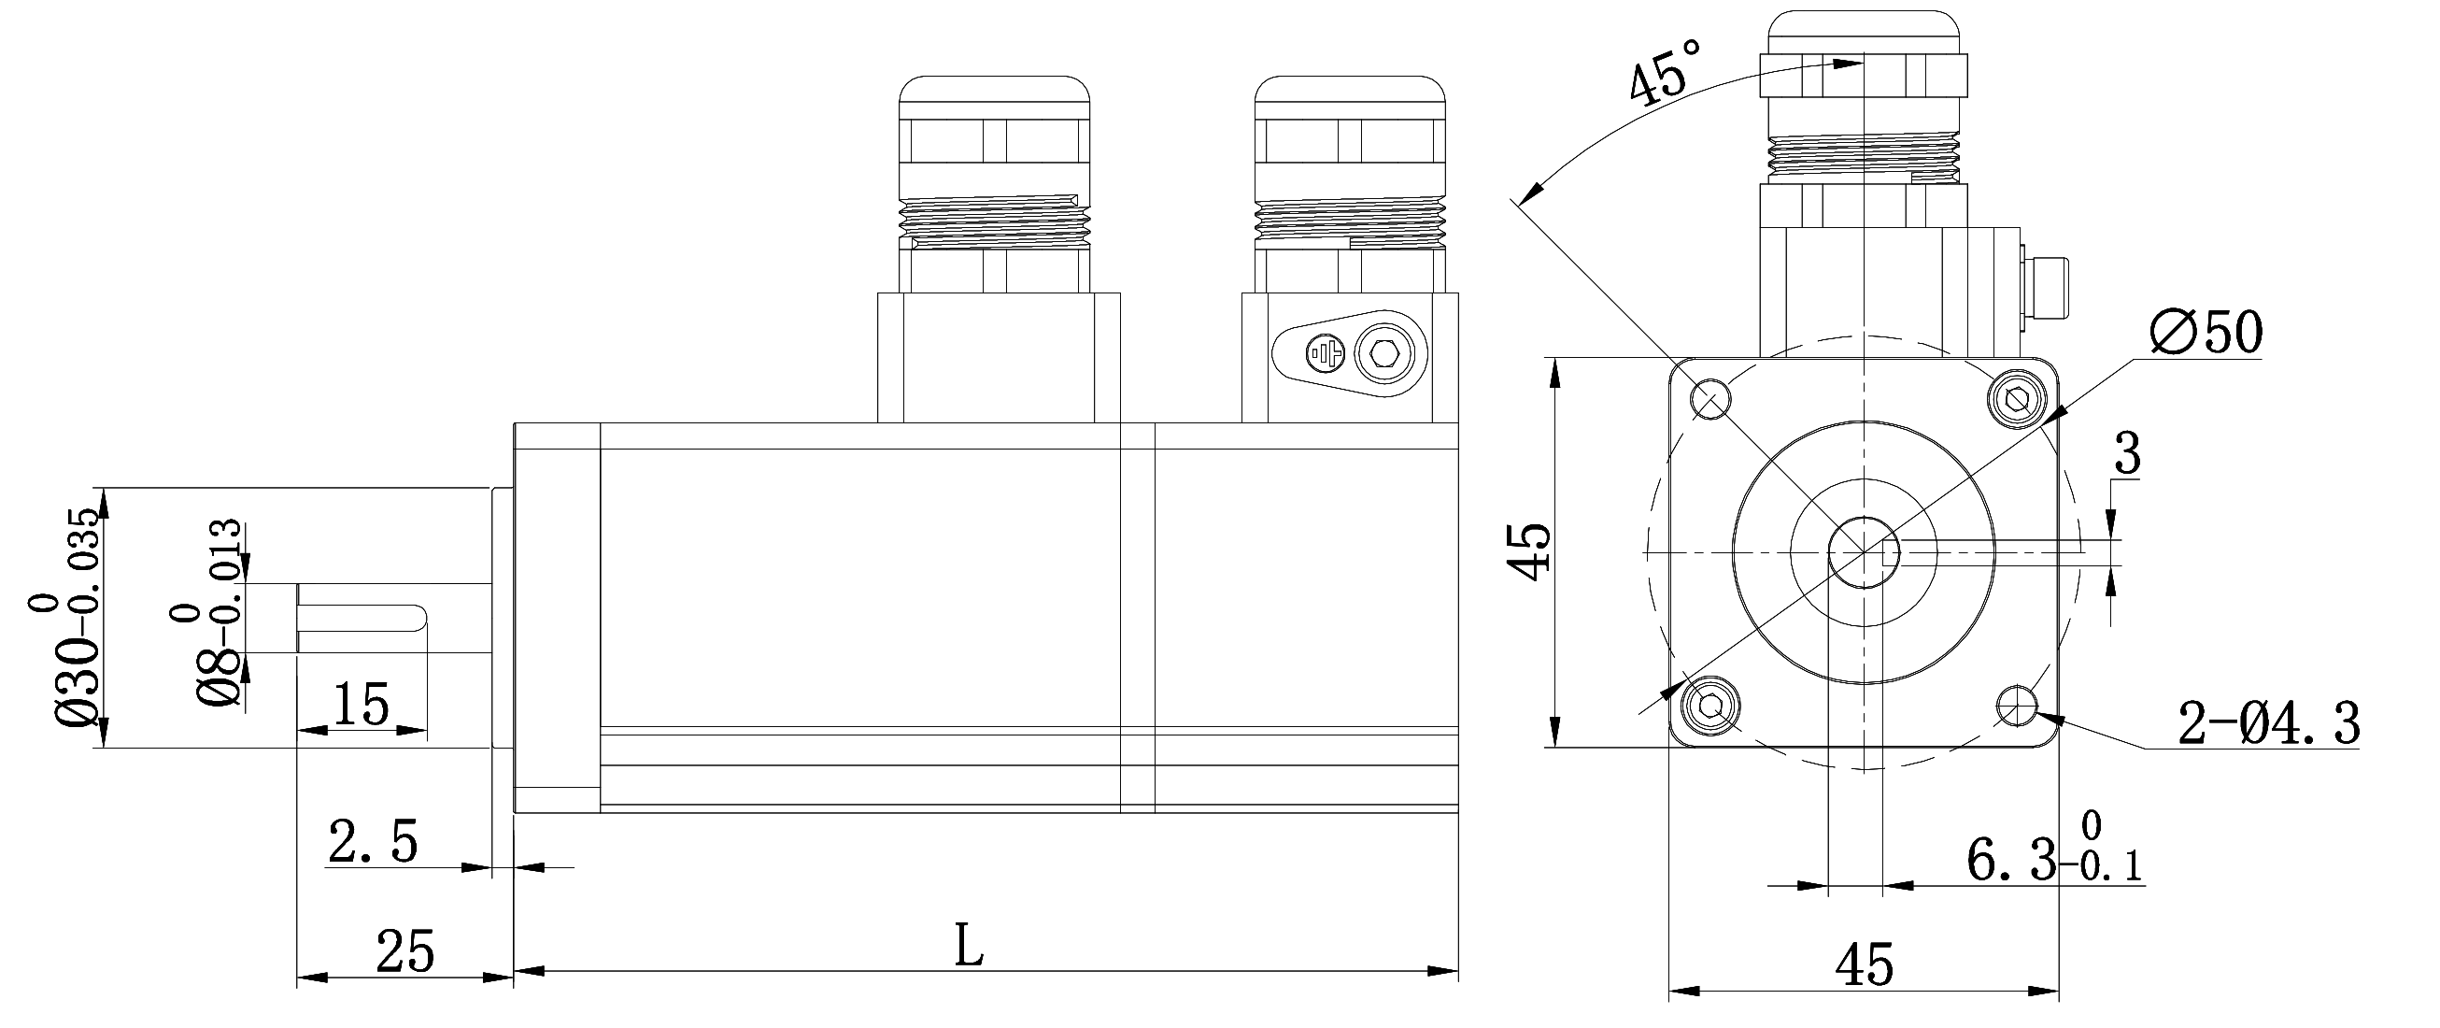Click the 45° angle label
tap(1665, 68)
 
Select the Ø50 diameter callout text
tap(2206, 333)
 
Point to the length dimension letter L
tap(968, 946)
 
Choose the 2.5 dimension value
tap(372, 841)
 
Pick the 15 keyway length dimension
tap(362, 704)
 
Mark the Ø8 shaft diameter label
tap(208, 625)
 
